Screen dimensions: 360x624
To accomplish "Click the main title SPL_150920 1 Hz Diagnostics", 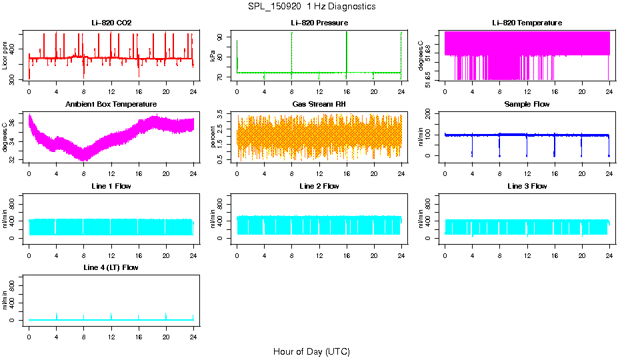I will [x=311, y=7].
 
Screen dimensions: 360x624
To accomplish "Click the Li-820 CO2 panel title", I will [x=111, y=23].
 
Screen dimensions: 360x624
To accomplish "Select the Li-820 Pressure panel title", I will [x=319, y=23].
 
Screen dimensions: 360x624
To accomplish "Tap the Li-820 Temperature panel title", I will [x=527, y=23].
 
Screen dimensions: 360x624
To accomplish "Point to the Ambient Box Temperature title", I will [x=111, y=105].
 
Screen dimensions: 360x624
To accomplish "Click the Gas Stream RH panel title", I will [x=319, y=105].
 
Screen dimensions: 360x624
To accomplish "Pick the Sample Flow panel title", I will [x=527, y=105].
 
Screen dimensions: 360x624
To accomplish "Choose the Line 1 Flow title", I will [x=111, y=186].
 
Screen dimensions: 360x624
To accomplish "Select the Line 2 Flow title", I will [x=319, y=186].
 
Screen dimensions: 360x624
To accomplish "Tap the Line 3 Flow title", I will [x=527, y=186].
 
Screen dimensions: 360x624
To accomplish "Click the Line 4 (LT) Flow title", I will [x=111, y=267].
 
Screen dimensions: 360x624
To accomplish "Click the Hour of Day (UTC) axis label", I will [x=311, y=351].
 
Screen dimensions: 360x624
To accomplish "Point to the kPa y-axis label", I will [x=213, y=56].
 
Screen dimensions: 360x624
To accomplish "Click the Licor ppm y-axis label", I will [x=5, y=56].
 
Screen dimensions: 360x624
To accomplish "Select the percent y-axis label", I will [x=213, y=137].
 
